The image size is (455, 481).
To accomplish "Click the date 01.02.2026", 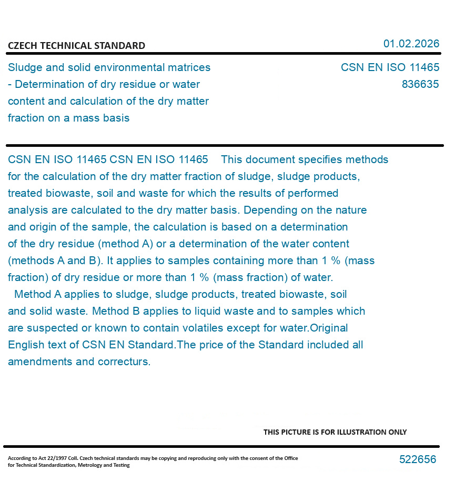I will point(411,44).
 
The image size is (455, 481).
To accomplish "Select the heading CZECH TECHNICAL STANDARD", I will point(76,46).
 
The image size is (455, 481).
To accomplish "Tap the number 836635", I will point(420,84).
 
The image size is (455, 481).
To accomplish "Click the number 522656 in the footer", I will point(418,459).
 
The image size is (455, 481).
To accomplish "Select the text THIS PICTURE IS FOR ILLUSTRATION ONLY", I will point(335,432).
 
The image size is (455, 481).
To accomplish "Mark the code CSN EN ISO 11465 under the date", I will point(390,67).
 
